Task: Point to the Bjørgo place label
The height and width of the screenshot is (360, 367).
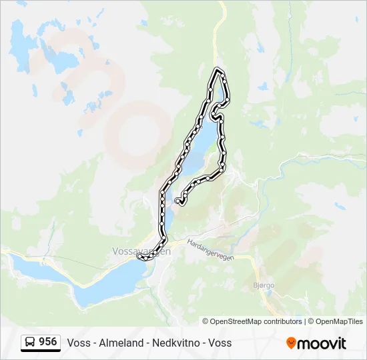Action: coord(264,285)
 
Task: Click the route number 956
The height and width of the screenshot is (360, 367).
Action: coord(47,342)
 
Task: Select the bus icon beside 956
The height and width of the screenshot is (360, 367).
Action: coord(30,343)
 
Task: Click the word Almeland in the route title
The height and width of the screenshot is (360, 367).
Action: coord(121,343)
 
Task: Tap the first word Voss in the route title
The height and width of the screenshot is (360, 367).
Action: coord(77,343)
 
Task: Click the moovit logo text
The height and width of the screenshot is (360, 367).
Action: coord(322,343)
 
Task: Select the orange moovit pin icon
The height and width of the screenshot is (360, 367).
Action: coord(291,343)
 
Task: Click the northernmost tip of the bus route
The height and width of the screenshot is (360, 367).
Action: coord(217,69)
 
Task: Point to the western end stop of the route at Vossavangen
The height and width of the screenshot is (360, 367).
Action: coord(139,257)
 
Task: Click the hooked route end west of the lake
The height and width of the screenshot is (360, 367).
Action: coord(177,200)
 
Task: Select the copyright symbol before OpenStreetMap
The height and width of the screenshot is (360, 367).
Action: coord(206,321)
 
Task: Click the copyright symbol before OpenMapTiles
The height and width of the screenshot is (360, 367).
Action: coord(311,321)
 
